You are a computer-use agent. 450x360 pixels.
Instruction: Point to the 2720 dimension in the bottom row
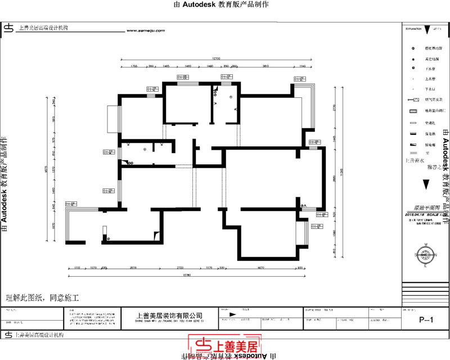coord(180,268)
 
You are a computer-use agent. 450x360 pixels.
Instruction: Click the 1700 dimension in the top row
coord(134,66)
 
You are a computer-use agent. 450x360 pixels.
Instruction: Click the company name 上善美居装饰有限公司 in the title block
coord(169,316)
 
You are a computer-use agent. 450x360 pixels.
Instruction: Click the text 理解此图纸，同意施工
coord(42,296)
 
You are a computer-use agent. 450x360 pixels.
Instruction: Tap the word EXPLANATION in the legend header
coord(412,27)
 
